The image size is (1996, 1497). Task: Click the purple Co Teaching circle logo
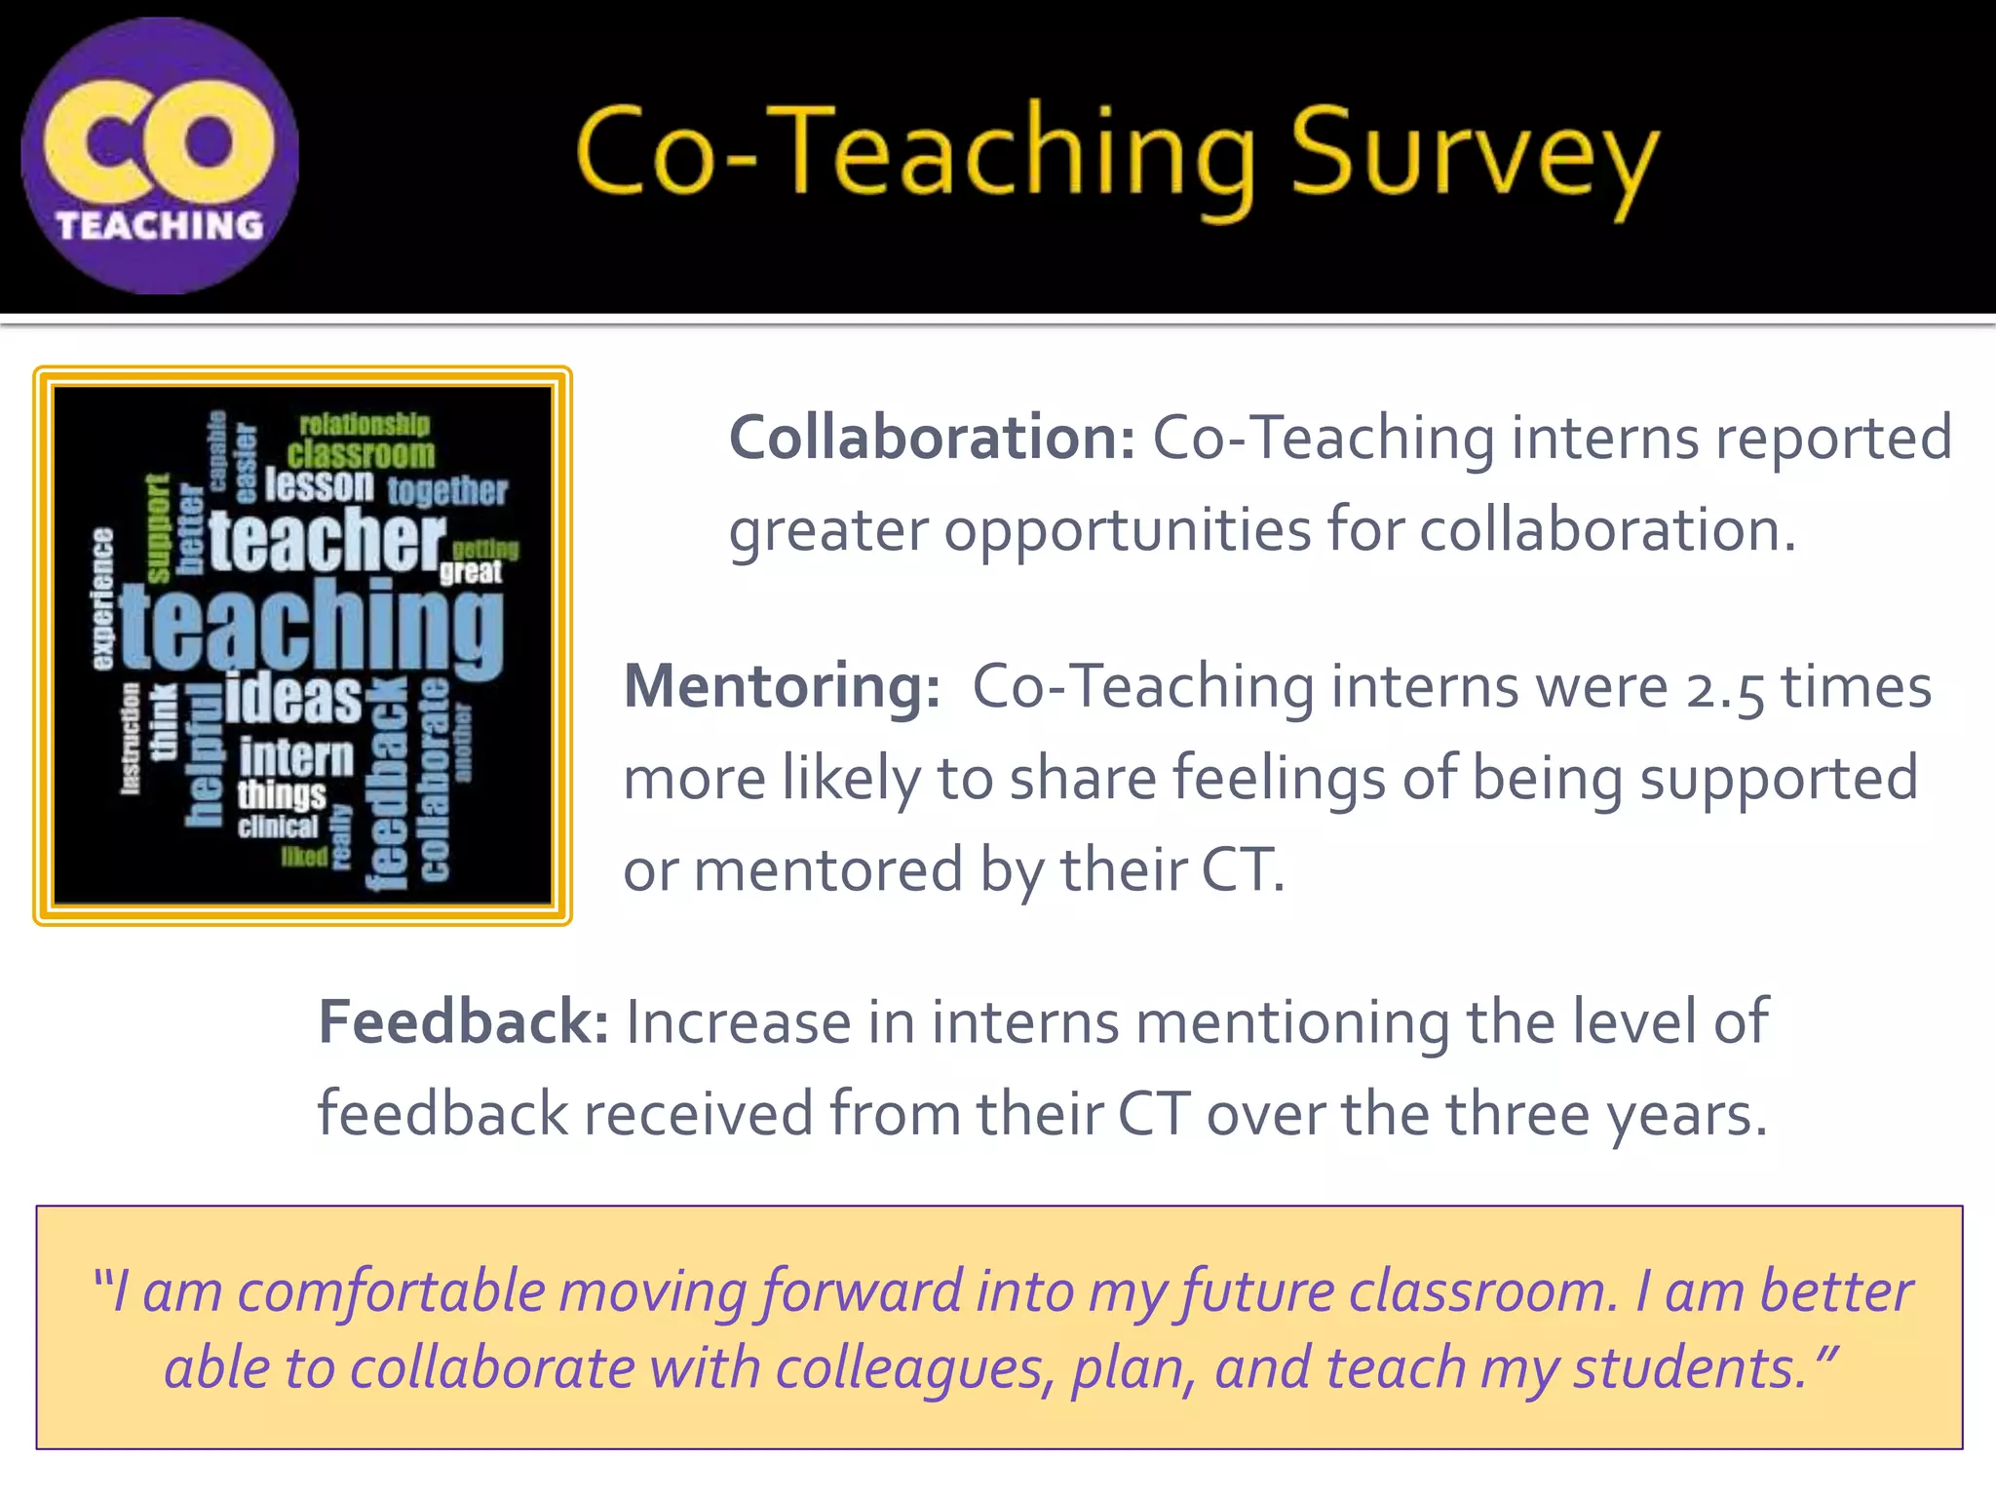point(160,156)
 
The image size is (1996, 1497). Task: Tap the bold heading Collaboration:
point(932,438)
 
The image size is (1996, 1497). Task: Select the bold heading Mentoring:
point(782,686)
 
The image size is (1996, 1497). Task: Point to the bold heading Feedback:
point(464,1021)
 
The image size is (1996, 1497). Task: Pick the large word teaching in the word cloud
point(312,629)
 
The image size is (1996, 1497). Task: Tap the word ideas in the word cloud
point(293,698)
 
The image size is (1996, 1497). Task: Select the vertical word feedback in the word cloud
point(388,785)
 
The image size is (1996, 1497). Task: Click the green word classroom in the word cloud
point(361,454)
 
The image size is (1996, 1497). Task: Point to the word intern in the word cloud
point(296,757)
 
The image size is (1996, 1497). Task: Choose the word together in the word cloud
point(447,491)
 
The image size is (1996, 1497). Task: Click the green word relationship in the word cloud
point(364,425)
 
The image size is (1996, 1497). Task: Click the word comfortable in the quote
point(392,1292)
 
